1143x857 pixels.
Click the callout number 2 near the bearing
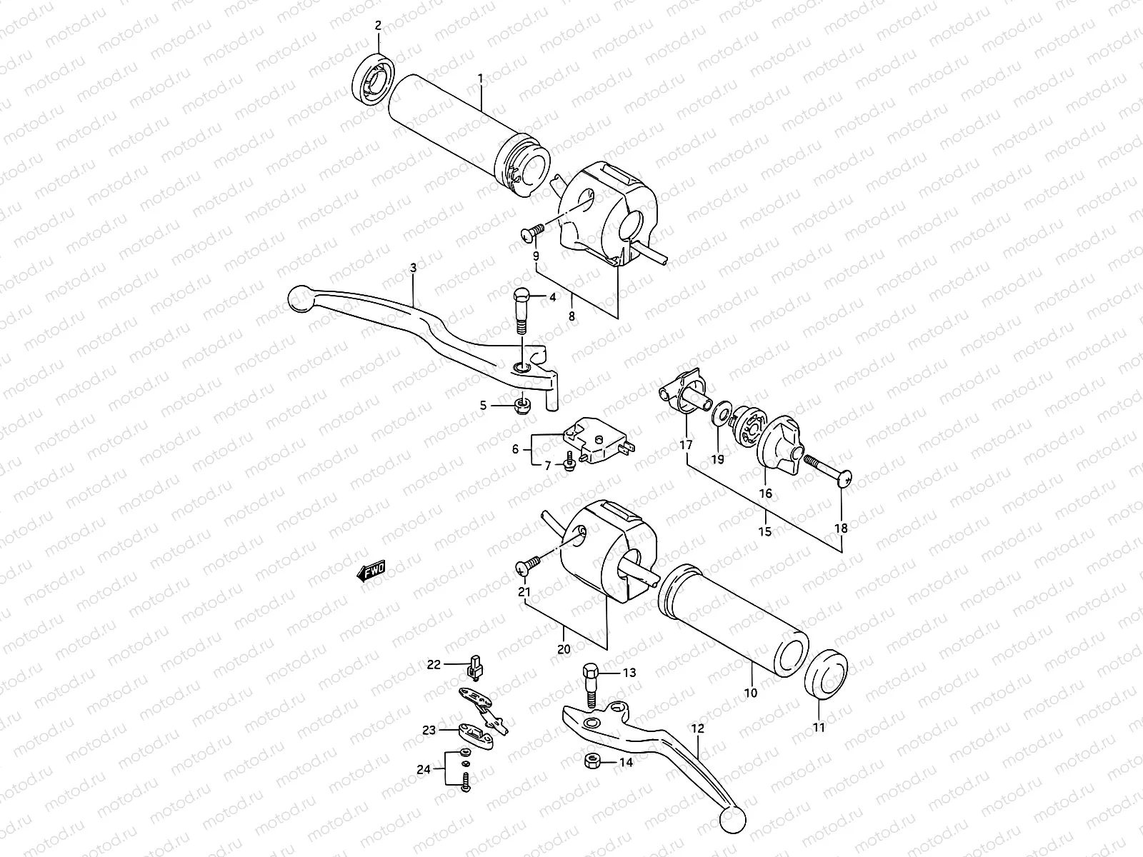click(379, 25)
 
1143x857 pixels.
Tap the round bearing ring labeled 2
click(373, 79)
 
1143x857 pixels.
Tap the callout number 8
click(571, 315)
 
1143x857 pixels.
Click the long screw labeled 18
click(825, 472)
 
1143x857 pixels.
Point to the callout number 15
click(765, 532)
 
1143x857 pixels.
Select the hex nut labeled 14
click(592, 761)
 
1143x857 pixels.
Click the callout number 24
click(424, 770)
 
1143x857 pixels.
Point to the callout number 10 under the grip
click(751, 693)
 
